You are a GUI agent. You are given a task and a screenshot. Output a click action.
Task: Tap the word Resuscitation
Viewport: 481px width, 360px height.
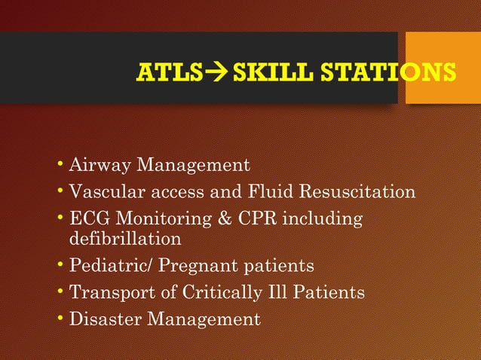click(357, 192)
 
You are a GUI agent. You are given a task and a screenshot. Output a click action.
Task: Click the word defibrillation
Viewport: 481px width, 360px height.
click(125, 239)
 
